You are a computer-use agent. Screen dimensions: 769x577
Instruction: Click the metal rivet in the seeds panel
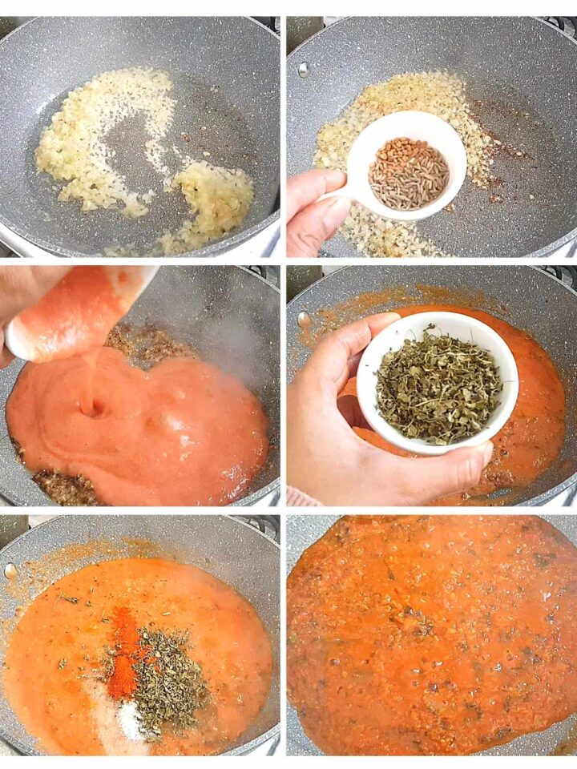(x=303, y=70)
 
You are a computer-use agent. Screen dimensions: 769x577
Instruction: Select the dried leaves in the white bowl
(x=438, y=384)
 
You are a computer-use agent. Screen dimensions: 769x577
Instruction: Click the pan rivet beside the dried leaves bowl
(x=303, y=320)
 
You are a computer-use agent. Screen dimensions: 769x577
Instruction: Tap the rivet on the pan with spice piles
(x=10, y=571)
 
